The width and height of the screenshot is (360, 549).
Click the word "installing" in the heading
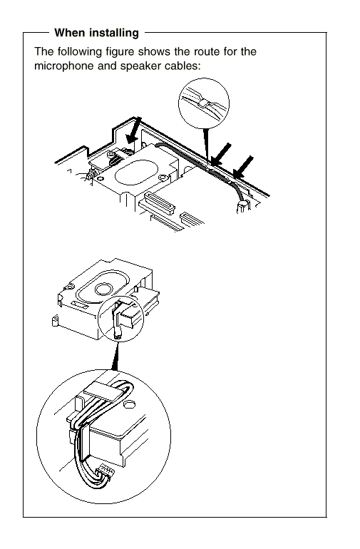tap(114, 34)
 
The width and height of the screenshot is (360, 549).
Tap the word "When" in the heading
tap(70, 33)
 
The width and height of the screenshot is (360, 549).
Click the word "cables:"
tap(182, 66)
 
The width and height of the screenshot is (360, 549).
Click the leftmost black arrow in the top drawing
tap(133, 130)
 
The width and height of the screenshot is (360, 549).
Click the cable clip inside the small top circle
tap(203, 103)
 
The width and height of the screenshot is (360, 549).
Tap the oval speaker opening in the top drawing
tap(136, 172)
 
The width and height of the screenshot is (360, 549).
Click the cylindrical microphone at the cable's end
tap(242, 207)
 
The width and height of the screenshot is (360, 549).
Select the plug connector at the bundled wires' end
tap(106, 471)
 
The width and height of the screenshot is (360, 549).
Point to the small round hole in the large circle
tap(130, 404)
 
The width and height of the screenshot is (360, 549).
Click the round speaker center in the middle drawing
tap(103, 289)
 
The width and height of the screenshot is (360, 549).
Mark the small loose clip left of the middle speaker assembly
tap(55, 320)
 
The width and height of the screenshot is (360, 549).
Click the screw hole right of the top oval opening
tap(162, 178)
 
